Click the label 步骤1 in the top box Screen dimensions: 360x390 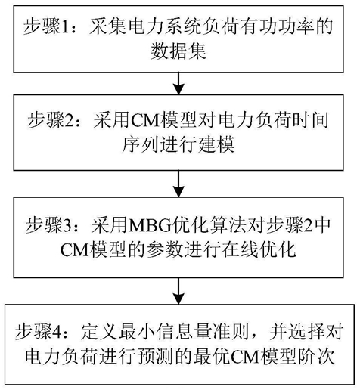[x=45, y=26]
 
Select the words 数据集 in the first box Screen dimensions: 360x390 [x=178, y=52]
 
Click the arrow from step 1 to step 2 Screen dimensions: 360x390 [x=178, y=84]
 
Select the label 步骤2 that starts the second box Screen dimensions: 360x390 [x=50, y=120]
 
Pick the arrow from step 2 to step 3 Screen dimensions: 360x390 [x=178, y=184]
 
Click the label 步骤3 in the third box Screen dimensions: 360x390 [x=48, y=225]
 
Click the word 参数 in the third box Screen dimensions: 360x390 [x=165, y=250]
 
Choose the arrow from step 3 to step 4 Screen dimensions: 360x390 [x=178, y=291]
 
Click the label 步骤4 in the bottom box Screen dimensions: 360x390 [x=39, y=331]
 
